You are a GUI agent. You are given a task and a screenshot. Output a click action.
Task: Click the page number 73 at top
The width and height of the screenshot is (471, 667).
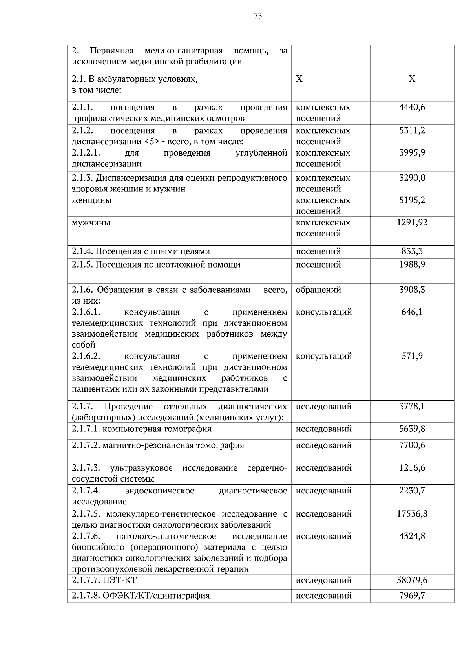coord(258,16)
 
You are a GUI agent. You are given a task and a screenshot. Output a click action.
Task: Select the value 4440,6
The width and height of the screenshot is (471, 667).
coord(412,107)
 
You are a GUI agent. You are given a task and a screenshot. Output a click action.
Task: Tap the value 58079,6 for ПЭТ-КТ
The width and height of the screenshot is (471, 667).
coord(412,580)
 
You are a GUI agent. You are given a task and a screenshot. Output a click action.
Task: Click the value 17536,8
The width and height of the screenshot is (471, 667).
coord(412,514)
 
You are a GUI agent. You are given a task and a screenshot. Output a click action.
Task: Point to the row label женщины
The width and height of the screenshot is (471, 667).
coord(91,200)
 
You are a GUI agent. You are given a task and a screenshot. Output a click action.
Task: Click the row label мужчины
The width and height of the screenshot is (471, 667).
coord(91,223)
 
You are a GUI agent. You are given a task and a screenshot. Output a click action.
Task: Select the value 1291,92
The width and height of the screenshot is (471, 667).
coord(412,222)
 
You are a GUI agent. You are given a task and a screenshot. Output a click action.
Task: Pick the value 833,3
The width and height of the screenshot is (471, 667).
coord(412,251)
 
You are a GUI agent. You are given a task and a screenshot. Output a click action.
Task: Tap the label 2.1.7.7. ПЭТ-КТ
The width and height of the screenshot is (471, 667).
coord(104,580)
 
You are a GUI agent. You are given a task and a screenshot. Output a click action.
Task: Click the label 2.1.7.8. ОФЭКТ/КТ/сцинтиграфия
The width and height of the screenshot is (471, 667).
coord(141,596)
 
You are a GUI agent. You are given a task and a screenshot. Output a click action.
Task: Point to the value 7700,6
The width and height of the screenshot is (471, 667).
coord(412,445)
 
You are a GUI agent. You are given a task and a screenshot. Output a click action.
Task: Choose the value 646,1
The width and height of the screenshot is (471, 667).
coord(412,312)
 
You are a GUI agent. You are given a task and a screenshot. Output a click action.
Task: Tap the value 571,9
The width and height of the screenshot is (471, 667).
coord(412,356)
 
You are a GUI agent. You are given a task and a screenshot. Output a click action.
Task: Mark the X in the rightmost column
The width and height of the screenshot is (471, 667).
coord(412,79)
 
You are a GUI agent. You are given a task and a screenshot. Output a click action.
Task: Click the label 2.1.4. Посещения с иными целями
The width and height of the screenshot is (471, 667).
coord(141,251)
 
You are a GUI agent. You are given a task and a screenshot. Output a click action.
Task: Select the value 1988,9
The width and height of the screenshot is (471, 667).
coord(412,264)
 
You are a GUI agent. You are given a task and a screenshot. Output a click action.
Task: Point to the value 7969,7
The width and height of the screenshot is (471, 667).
coord(412,596)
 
